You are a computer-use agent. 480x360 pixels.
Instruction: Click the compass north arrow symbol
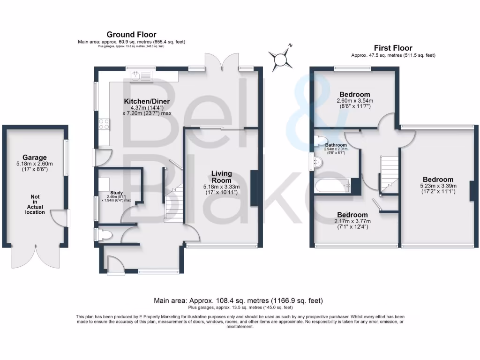tap(281, 59)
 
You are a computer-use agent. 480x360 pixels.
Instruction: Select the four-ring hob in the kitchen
tap(104, 124)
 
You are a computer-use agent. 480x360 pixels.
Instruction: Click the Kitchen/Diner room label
tap(146, 101)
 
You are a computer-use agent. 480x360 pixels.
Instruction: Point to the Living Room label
tap(221, 177)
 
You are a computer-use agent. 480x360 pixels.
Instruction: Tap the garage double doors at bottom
tap(35, 255)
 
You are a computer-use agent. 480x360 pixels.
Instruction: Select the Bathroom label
tap(336, 145)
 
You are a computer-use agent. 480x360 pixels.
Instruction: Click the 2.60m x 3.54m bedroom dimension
tap(355, 101)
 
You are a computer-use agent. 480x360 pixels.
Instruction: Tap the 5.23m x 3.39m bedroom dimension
tap(438, 186)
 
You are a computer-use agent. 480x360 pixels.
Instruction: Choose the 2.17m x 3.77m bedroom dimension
tap(352, 221)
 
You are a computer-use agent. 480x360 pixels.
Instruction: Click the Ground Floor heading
tap(131, 34)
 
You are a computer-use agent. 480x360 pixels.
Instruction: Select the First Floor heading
tap(393, 48)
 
